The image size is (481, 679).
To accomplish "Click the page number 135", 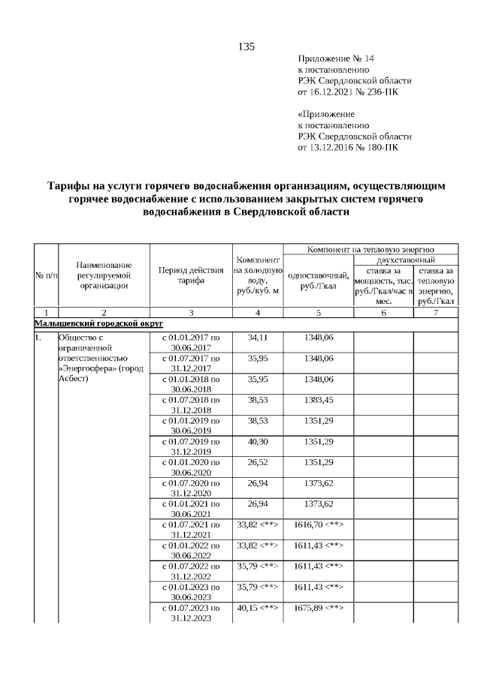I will point(247,47).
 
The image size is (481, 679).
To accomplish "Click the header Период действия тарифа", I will point(191,275).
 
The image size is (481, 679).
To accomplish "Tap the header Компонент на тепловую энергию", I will point(371,248).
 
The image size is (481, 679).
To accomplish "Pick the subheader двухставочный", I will point(407,259).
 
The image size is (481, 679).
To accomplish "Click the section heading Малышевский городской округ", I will point(88,322).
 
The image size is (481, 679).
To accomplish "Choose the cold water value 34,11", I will point(258,338).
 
